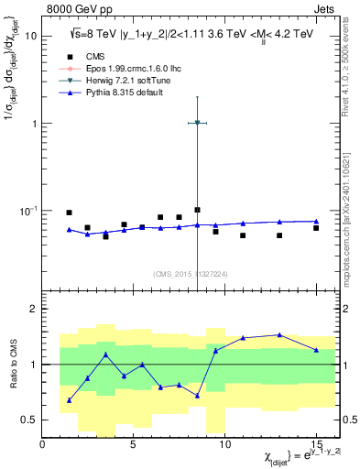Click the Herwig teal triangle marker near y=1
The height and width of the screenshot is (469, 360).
(197, 122)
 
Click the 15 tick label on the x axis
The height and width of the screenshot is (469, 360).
(315, 445)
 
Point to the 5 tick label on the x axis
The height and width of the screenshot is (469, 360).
(134, 445)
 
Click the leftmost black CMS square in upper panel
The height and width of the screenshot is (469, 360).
(70, 213)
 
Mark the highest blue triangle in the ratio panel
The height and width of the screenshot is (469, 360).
(279, 335)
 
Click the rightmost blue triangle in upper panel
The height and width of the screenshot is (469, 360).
(316, 221)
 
